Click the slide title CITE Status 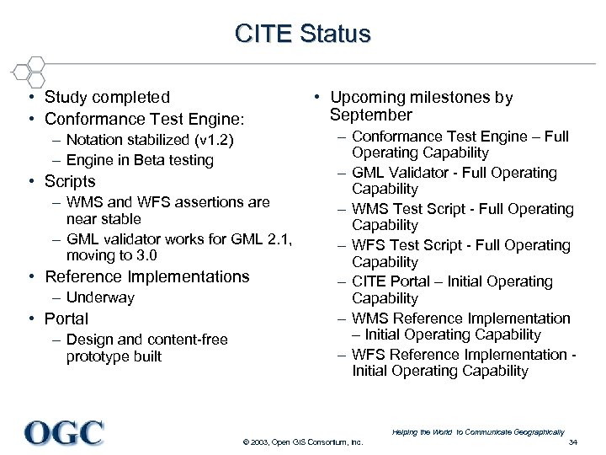click(x=302, y=34)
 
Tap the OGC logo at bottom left click(x=64, y=432)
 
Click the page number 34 click(x=573, y=442)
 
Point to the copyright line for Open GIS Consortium click(x=302, y=442)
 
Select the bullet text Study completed click(x=107, y=98)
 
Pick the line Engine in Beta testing click(x=140, y=160)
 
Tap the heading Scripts click(x=70, y=181)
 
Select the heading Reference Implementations click(x=147, y=276)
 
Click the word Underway click(x=100, y=297)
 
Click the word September click(x=370, y=115)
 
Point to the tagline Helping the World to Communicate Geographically click(x=478, y=432)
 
